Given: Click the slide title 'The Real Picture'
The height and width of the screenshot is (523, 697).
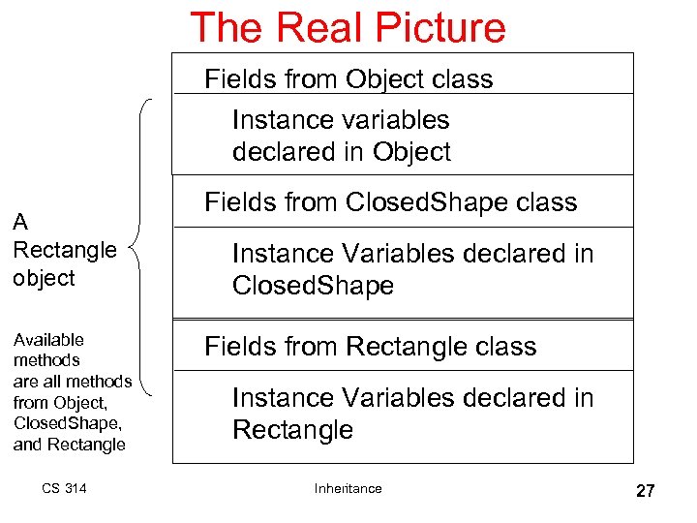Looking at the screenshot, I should click(x=348, y=27).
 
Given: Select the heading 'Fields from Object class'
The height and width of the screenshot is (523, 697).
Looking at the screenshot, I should click(x=348, y=78).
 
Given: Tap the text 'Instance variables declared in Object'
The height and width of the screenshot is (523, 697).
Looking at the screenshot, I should click(x=341, y=136).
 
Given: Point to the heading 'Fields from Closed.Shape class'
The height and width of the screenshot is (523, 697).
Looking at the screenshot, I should click(x=390, y=202).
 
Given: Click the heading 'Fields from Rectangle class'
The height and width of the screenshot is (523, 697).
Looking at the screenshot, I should click(x=370, y=347).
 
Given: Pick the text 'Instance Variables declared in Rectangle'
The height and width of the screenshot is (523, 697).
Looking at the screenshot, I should click(x=412, y=414).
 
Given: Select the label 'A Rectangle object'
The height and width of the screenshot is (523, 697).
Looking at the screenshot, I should click(x=65, y=250).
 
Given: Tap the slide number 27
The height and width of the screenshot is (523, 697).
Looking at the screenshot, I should click(x=645, y=491).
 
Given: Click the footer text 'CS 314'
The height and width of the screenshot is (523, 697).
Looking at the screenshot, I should click(x=64, y=488).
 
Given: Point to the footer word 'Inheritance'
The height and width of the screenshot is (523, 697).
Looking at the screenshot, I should click(x=348, y=488).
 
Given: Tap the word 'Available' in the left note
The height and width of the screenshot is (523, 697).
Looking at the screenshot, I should click(x=48, y=340).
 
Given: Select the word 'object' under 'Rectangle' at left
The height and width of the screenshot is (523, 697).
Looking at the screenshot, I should click(x=44, y=278).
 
